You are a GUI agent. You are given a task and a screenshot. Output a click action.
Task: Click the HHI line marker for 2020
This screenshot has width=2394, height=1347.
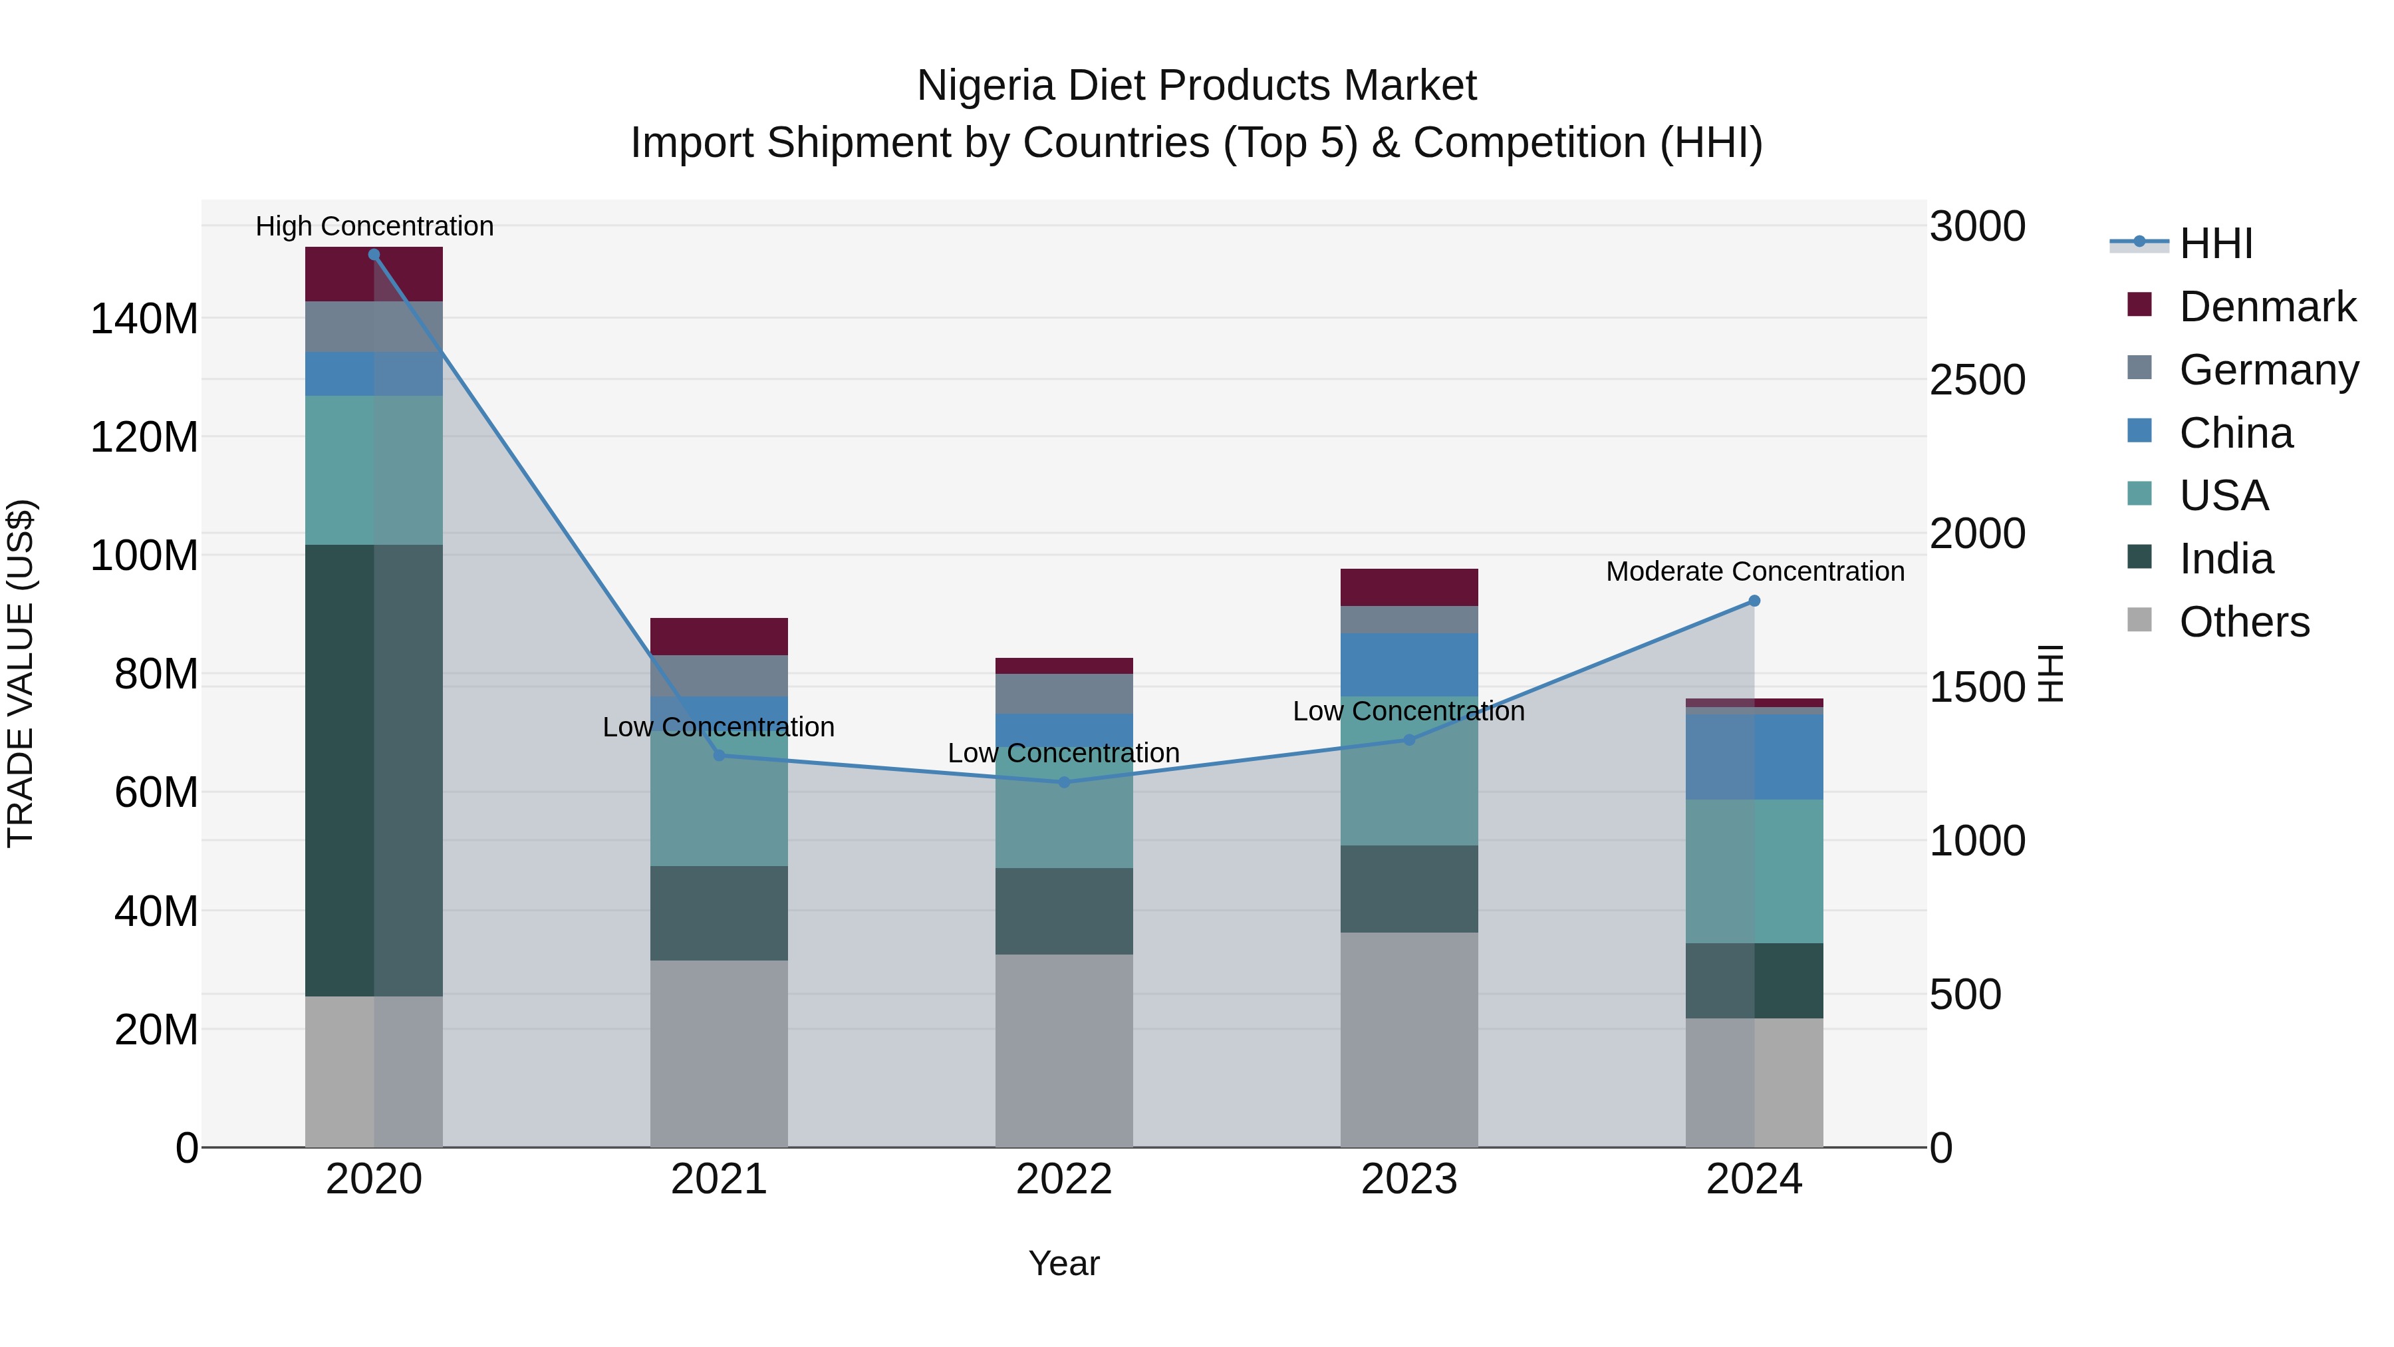pos(374,255)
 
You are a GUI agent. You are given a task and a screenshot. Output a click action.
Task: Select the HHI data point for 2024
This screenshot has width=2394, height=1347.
pos(1754,601)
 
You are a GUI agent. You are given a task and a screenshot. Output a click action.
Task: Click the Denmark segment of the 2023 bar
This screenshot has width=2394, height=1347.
pos(1409,587)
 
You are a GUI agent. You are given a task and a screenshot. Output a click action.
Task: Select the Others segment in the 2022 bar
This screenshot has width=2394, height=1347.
pos(1064,1050)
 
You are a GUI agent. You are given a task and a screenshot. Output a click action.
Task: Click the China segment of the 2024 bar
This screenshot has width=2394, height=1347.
pos(1754,757)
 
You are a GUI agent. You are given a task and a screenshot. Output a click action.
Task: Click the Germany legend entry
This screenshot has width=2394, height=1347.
pos(2268,370)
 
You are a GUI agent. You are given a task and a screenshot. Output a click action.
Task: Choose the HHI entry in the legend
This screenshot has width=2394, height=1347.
pos(2216,243)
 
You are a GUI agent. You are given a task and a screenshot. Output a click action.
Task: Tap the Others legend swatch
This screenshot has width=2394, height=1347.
pos(2139,620)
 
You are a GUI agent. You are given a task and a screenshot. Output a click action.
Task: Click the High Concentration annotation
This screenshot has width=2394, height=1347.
pos(374,227)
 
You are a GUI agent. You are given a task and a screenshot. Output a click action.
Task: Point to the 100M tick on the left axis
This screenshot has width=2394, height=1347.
pos(144,556)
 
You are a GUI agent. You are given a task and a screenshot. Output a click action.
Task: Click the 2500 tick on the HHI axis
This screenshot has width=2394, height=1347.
pos(1978,380)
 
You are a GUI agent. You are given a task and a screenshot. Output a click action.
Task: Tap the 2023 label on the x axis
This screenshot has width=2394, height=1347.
pos(1409,1179)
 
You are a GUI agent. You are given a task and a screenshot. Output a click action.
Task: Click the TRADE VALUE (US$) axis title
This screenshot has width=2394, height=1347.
pos(21,673)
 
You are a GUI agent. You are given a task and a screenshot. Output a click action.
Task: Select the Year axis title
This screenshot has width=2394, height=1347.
pos(1064,1263)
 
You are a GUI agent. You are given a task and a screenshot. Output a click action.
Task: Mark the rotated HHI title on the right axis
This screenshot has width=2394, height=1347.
pos(2050,673)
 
